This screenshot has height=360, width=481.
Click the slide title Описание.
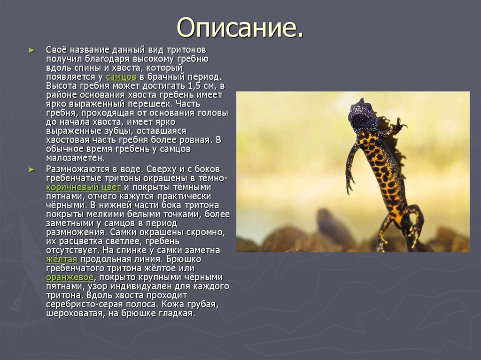[240, 28]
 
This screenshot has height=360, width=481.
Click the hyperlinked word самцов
[121, 77]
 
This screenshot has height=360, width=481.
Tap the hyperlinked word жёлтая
[62, 260]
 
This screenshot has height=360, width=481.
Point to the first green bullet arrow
[31, 50]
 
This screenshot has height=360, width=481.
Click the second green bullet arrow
[31, 169]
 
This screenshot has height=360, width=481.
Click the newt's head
[361, 115]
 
